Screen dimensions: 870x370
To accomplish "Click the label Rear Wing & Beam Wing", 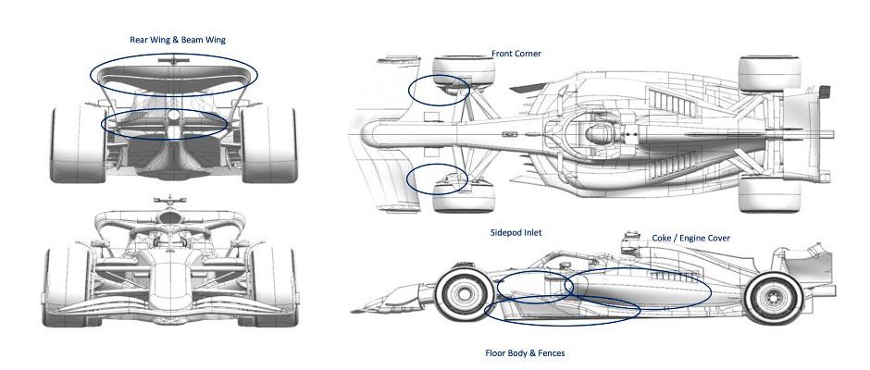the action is click(178, 40).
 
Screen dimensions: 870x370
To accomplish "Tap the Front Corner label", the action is click(516, 54).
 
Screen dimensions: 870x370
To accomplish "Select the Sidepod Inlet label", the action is click(516, 232).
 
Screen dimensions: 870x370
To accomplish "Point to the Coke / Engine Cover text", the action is click(690, 238).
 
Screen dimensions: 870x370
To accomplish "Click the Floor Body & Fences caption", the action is click(525, 352).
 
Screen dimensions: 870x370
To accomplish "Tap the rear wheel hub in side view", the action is click(773, 299).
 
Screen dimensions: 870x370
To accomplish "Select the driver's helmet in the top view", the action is click(596, 133).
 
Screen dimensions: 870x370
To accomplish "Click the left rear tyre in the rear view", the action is click(78, 145).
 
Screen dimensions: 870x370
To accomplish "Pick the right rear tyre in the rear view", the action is click(269, 145).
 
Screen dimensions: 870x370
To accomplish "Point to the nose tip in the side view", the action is click(354, 311).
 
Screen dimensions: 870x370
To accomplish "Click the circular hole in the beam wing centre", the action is click(174, 116).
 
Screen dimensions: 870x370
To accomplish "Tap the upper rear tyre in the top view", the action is click(769, 73).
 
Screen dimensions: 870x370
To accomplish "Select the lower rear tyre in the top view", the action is click(769, 194).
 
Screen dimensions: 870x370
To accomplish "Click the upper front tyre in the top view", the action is click(464, 71).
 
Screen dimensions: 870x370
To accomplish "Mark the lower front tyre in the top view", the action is click(464, 196).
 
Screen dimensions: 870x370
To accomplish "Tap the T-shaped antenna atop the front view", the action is click(169, 201).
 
